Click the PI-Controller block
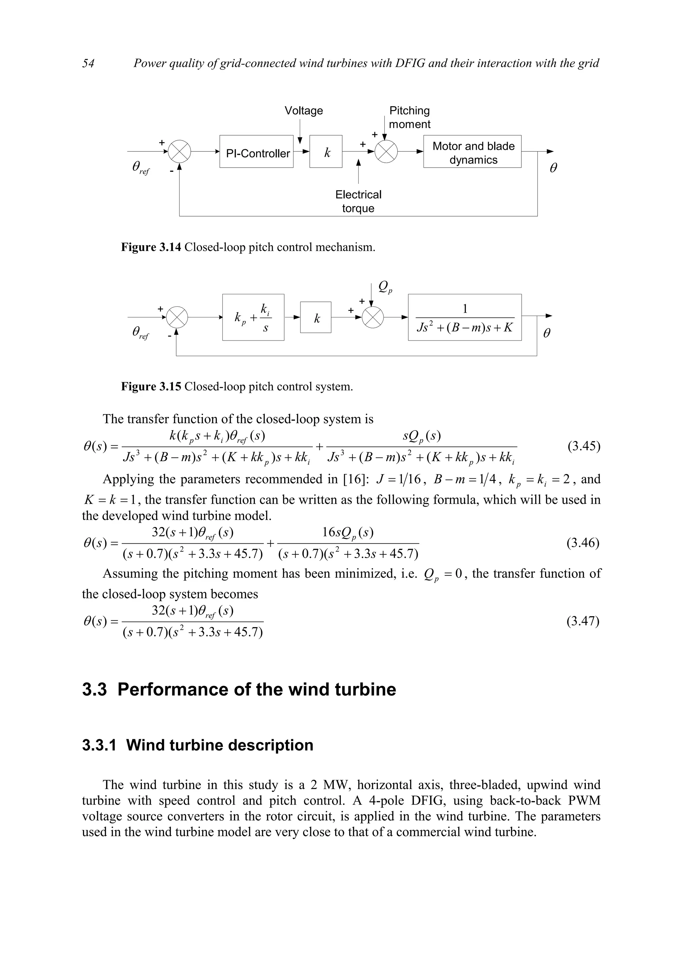point(256,152)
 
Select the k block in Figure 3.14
point(326,152)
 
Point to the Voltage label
point(304,110)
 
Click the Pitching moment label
point(410,117)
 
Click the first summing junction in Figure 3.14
point(179,151)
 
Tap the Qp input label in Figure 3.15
point(384,287)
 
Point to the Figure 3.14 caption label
point(151,247)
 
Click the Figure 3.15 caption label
point(151,386)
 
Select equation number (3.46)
point(583,543)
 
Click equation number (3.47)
point(583,621)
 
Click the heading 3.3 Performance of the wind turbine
point(239,689)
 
